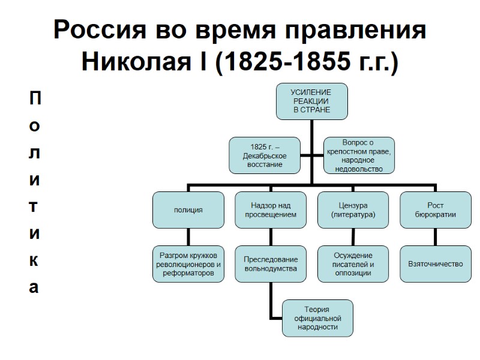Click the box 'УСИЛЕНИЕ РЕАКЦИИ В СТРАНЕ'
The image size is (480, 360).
[311, 101]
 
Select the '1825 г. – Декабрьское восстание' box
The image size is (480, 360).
[260, 156]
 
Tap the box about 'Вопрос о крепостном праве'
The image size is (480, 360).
[358, 156]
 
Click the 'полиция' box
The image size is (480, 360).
[188, 210]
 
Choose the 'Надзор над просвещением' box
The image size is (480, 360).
[270, 210]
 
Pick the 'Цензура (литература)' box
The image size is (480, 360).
[353, 210]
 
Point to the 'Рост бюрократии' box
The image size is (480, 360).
[436, 210]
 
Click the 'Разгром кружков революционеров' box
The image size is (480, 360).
[188, 264]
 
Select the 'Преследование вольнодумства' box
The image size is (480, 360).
[270, 264]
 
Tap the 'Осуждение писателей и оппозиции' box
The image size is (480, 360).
[353, 264]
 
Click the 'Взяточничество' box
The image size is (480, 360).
[436, 264]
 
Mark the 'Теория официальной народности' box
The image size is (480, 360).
[317, 318]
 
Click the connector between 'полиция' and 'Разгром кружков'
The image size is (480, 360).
[188, 237]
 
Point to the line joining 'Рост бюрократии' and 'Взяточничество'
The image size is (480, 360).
[436, 237]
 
